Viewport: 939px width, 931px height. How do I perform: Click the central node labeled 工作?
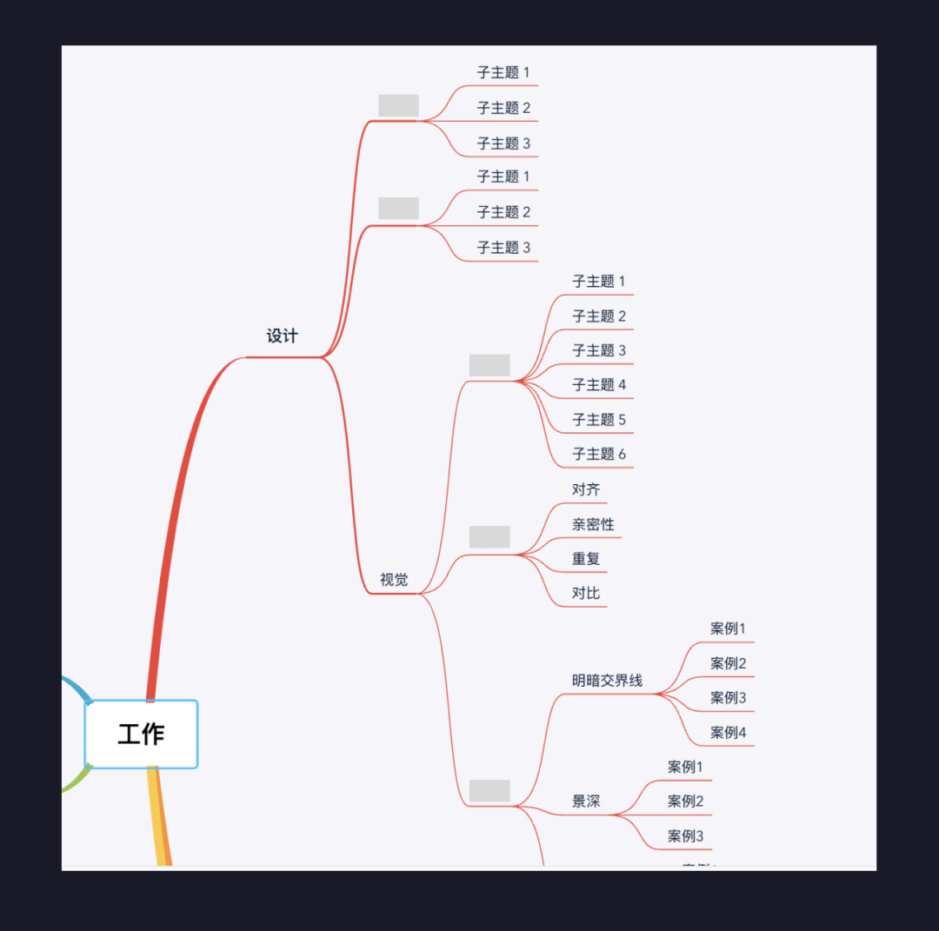coord(141,734)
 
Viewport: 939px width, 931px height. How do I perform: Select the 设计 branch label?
coord(282,336)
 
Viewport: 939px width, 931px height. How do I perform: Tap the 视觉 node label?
coord(394,579)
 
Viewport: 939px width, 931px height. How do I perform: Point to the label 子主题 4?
coord(599,384)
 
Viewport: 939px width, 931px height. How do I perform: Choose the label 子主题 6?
coord(599,454)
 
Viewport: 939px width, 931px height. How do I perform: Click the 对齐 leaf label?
coord(586,489)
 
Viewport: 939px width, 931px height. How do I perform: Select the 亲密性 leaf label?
coord(593,524)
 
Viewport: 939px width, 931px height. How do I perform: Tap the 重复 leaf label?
coord(586,559)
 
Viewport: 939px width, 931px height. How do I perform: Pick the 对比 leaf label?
coord(586,594)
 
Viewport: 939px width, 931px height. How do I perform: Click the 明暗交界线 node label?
coord(607,680)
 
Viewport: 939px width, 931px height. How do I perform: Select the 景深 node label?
coord(586,801)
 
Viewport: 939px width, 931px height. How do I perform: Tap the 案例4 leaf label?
coord(729,732)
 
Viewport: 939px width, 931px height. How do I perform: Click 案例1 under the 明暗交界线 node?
coord(729,628)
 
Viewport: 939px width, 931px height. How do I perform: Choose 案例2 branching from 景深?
coord(686,801)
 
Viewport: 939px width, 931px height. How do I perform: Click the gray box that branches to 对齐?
coord(489,537)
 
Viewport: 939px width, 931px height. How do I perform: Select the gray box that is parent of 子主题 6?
coord(489,365)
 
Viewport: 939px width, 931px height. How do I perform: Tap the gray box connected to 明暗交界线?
coord(489,791)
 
